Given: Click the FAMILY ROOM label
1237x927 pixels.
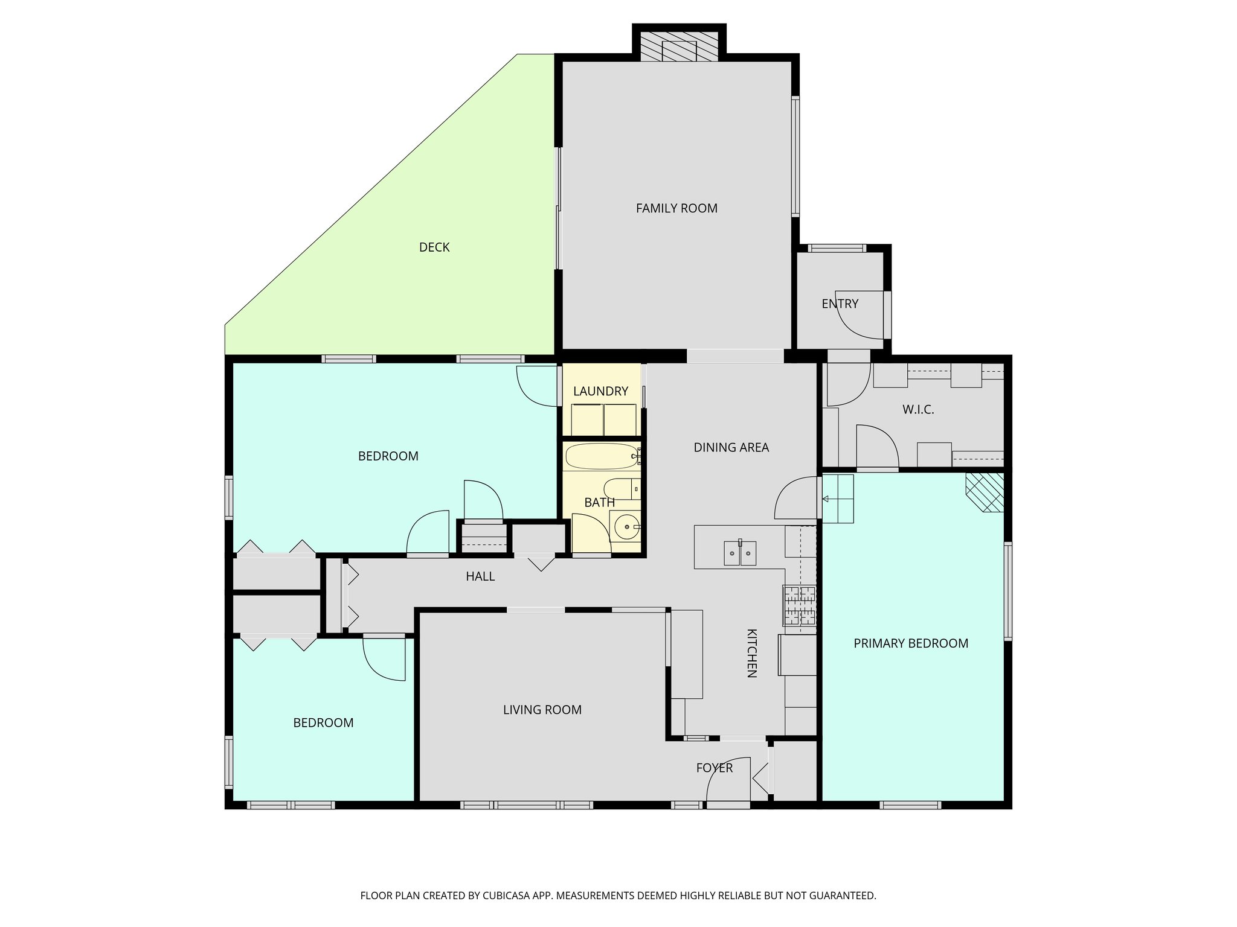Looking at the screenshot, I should [676, 208].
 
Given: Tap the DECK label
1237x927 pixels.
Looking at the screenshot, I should [434, 247].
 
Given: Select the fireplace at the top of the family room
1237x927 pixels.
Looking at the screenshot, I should [679, 47].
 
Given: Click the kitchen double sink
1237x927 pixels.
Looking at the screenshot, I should [740, 553].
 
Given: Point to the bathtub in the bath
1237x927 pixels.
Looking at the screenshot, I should [600, 457].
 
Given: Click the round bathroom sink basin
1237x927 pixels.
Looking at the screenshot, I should [626, 527].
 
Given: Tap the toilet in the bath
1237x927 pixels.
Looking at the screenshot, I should [618, 488].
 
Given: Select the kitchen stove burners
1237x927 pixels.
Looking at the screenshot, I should [799, 605].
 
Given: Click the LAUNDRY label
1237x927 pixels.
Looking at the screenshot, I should [600, 391].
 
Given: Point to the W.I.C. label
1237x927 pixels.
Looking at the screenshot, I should [918, 410].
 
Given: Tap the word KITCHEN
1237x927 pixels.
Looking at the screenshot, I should [752, 653].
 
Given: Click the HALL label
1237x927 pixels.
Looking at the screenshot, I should [480, 577].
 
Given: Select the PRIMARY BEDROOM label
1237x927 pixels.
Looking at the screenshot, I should [911, 643].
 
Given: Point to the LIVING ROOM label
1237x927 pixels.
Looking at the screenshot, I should [542, 710].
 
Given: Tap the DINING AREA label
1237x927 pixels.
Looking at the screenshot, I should [731, 447].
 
